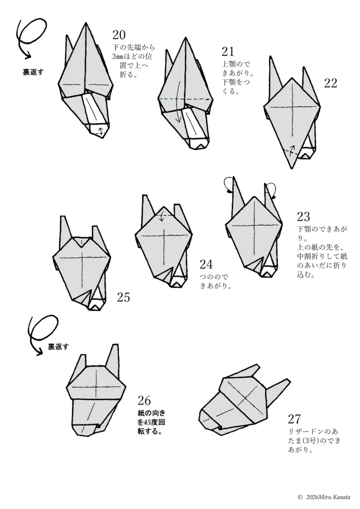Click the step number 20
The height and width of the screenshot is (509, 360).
click(x=119, y=35)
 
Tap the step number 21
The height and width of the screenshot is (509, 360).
click(x=228, y=52)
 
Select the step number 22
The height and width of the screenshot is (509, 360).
click(x=331, y=83)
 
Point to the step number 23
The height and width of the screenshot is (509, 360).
click(x=303, y=217)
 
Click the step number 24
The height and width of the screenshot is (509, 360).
click(x=206, y=264)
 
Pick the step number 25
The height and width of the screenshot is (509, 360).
click(x=123, y=297)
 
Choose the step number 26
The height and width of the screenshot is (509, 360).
click(x=144, y=401)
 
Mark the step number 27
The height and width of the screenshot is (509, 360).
click(x=294, y=419)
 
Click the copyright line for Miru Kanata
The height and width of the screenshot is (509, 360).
click(x=324, y=497)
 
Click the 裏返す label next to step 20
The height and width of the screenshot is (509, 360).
click(x=33, y=72)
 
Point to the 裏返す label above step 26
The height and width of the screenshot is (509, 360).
click(x=59, y=346)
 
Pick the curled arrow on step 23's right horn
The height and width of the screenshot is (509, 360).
click(x=272, y=190)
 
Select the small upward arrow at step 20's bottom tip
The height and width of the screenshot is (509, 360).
click(x=101, y=131)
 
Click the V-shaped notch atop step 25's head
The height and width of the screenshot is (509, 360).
click(x=82, y=242)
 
